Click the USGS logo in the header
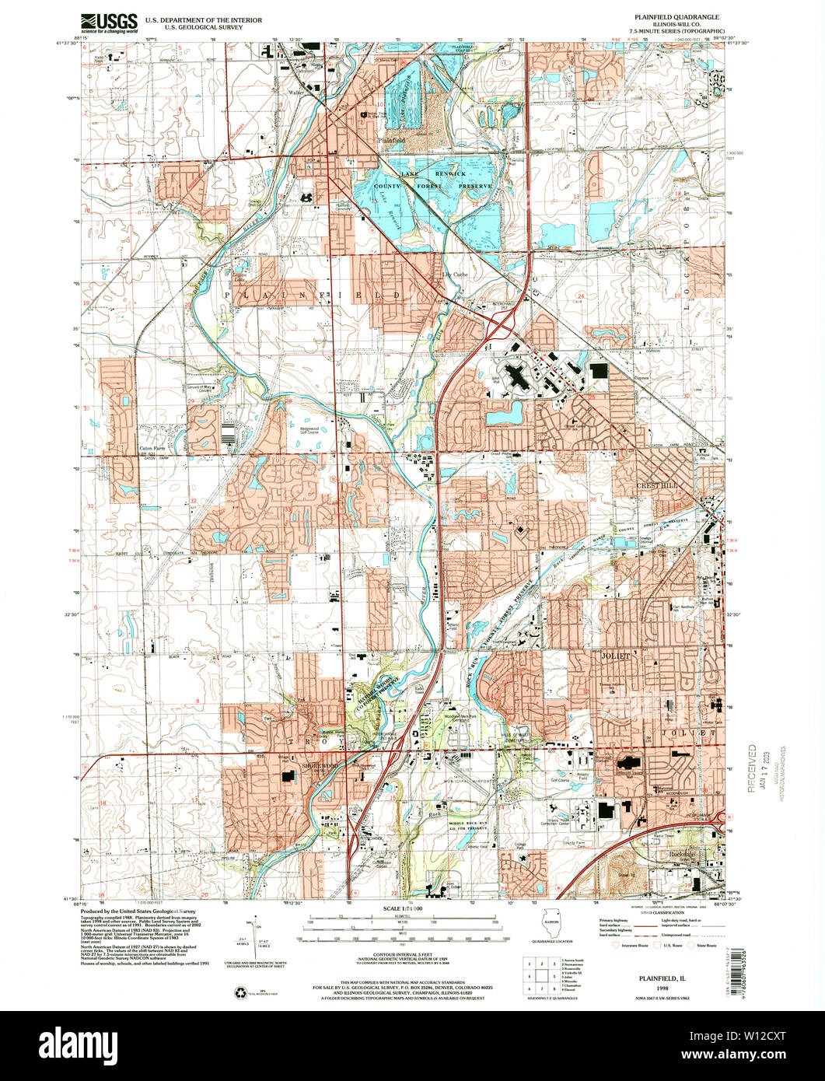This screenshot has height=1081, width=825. pyautogui.click(x=109, y=22)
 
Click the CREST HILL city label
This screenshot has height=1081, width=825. pyautogui.click(x=659, y=484)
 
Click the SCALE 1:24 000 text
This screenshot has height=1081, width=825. pyautogui.click(x=402, y=908)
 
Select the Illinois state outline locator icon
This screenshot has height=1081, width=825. pyautogui.click(x=550, y=925)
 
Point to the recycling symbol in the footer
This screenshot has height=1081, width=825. pyautogui.click(x=241, y=992)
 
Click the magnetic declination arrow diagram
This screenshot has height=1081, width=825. pyautogui.click(x=257, y=939)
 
